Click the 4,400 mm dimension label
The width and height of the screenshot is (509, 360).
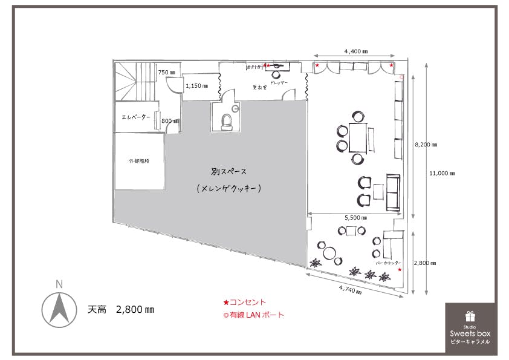[x=356, y=51]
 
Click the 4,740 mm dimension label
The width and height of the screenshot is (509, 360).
[x=349, y=290]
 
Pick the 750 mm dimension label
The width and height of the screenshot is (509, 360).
[x=166, y=73]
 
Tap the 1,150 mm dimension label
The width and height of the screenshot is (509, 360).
[x=196, y=86]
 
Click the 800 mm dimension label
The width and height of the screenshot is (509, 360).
[x=168, y=121]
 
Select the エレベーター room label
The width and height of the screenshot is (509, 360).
[x=136, y=117]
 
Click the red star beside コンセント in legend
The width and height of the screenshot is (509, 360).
[x=226, y=303]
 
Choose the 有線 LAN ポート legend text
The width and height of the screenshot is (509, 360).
[x=256, y=315]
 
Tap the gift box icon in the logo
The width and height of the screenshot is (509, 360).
[x=470, y=316]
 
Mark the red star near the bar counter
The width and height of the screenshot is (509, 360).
[x=400, y=270]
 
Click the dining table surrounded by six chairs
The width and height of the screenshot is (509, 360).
[x=358, y=138]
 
